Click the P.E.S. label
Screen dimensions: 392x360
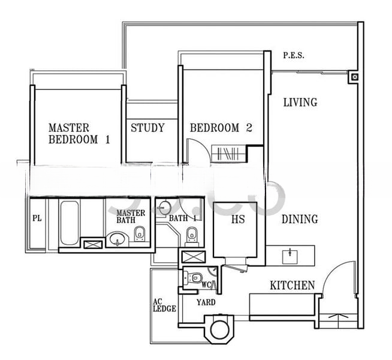(x=294, y=55)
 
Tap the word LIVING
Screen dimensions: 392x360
(x=300, y=103)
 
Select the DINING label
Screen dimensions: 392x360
(x=300, y=219)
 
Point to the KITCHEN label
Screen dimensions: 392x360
(x=293, y=286)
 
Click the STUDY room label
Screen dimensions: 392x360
(x=147, y=128)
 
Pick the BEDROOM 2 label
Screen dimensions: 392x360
(x=221, y=128)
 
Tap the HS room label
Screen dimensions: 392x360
(x=238, y=220)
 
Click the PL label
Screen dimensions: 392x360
(x=37, y=218)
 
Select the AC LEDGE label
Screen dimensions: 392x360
(x=164, y=305)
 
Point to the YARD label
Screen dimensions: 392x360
(x=206, y=302)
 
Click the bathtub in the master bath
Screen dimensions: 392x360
(x=70, y=223)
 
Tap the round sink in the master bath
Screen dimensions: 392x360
(x=117, y=239)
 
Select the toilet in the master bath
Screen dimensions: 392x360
(x=139, y=235)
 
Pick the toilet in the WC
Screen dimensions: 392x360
(x=193, y=277)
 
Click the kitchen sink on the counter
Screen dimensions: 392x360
(x=290, y=256)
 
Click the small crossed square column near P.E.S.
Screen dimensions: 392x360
(x=355, y=77)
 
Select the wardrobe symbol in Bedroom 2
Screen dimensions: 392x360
(x=229, y=154)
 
